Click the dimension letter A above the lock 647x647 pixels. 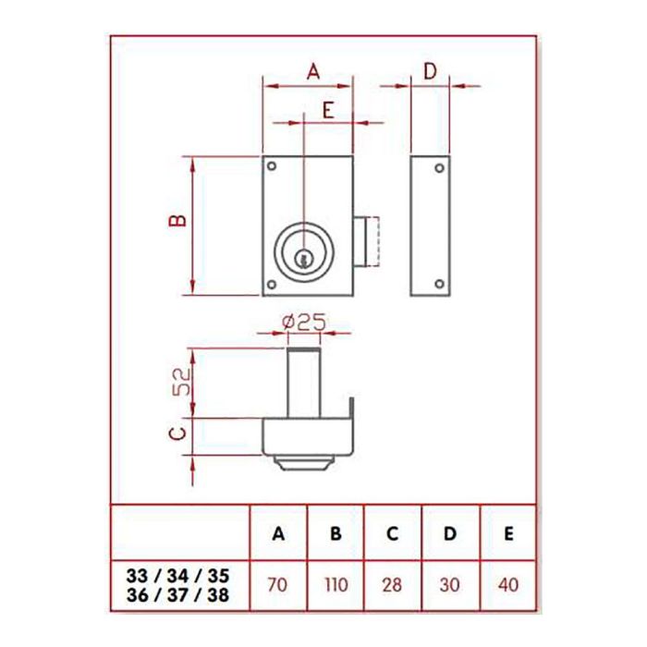(311, 70)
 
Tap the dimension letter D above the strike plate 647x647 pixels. (430, 70)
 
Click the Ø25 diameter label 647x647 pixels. (299, 322)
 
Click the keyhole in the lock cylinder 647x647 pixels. (303, 261)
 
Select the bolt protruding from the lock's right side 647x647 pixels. (367, 241)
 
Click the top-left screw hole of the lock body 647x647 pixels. (273, 167)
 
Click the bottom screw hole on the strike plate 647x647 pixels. (440, 283)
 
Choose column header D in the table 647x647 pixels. (449, 534)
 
